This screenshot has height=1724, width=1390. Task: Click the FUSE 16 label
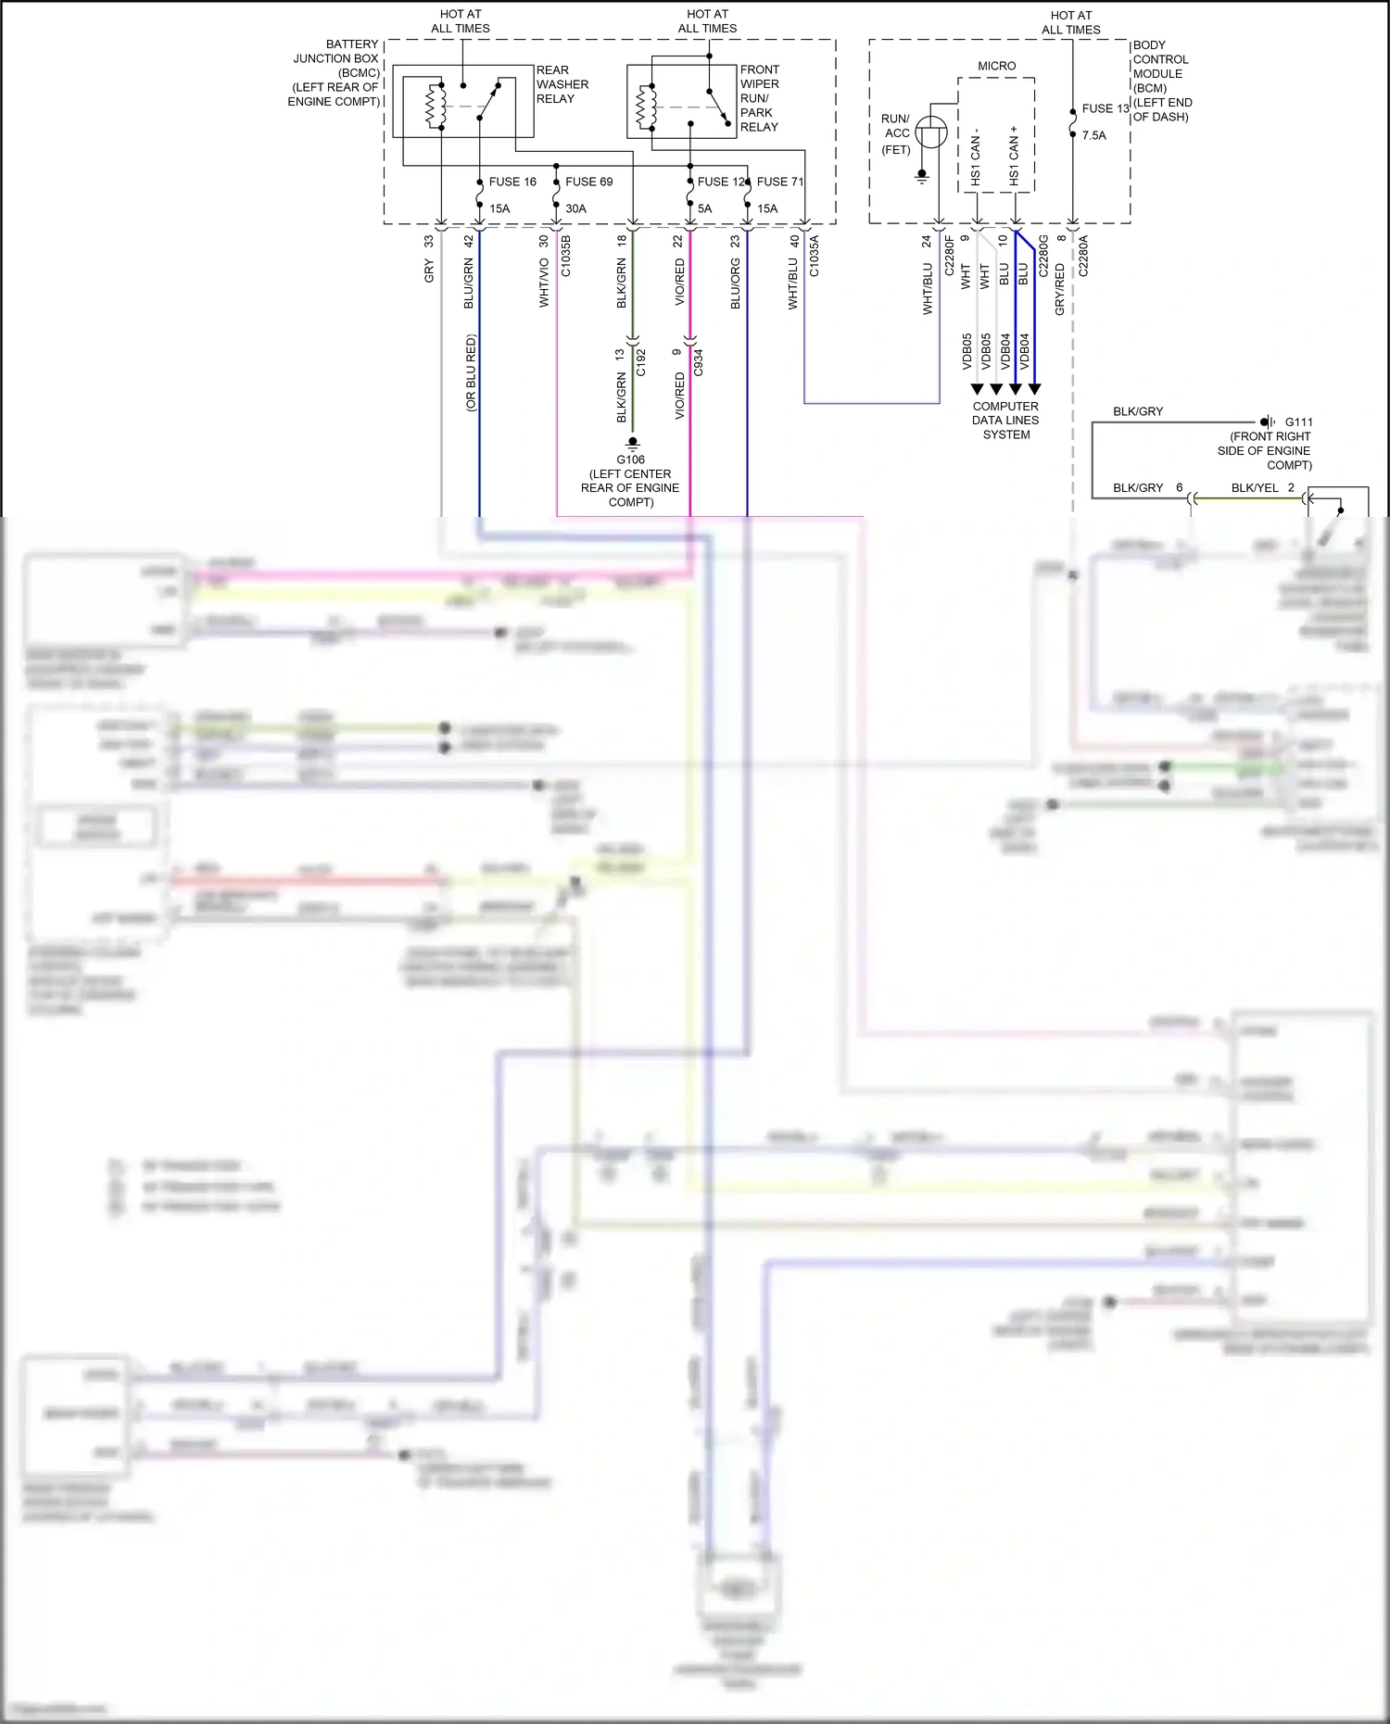click(512, 182)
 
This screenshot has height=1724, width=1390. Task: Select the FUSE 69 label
click(588, 182)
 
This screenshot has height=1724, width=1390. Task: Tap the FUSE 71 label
click(779, 182)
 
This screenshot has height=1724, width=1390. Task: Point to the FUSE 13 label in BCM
click(1105, 108)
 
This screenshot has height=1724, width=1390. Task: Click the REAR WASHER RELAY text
click(562, 84)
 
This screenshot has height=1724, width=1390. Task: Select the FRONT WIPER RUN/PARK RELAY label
click(759, 98)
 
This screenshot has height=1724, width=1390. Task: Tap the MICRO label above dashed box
click(996, 66)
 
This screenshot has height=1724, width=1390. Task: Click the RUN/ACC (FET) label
click(895, 134)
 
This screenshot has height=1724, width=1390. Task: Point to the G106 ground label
click(630, 459)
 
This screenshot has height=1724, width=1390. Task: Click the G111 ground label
click(1298, 422)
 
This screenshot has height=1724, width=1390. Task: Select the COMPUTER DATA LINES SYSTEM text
click(1005, 420)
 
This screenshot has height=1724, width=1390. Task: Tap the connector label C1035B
click(566, 257)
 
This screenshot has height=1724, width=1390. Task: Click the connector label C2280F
click(949, 256)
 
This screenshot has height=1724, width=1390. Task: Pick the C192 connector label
click(640, 362)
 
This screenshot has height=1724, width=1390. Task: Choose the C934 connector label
click(698, 362)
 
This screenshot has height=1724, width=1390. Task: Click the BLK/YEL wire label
click(1254, 487)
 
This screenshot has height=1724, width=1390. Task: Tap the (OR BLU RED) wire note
click(471, 372)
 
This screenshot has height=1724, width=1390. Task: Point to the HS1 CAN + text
click(1014, 155)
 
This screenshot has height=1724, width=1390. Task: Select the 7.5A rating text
click(1093, 135)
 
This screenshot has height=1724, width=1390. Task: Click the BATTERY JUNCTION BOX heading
click(335, 51)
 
